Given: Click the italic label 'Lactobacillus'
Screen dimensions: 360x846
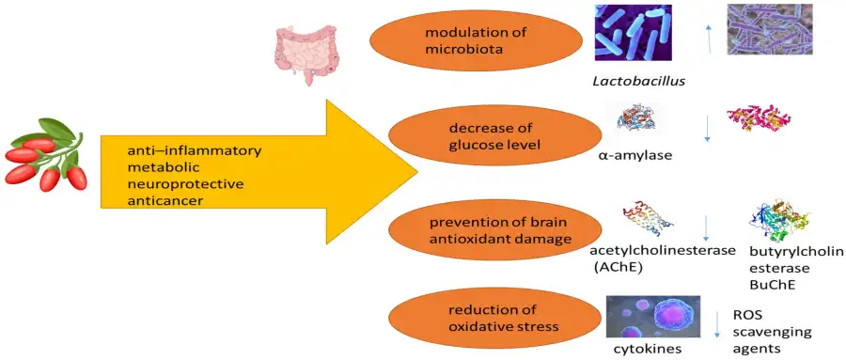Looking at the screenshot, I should click(637, 81).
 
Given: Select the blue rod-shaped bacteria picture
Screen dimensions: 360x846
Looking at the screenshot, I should click(634, 33).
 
